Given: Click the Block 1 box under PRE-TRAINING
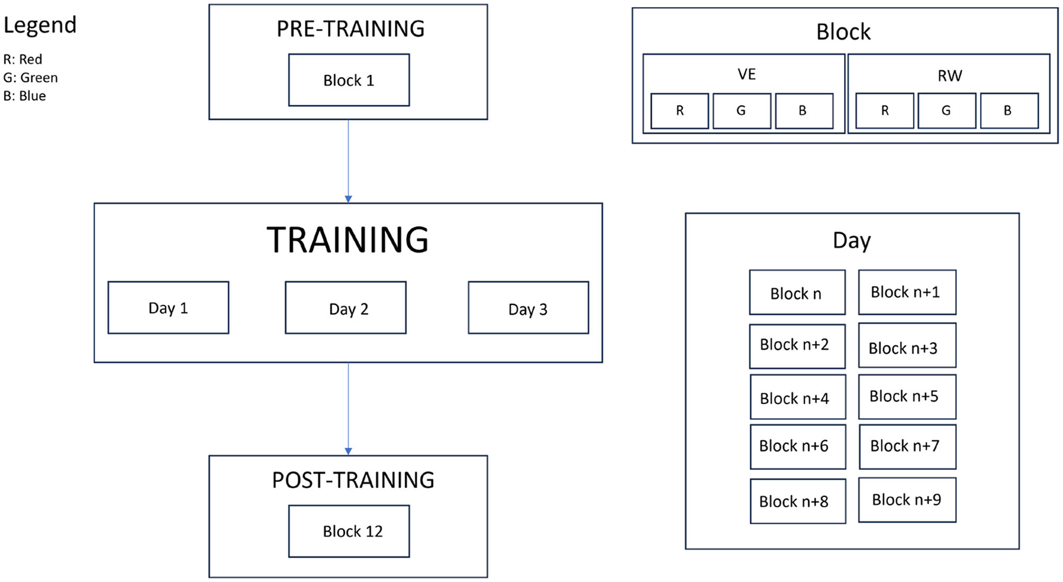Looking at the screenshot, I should click(349, 80).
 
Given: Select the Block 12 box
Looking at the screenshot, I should click(349, 531).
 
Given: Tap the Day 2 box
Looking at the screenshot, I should click(346, 307).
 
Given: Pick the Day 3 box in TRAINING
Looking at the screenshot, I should click(528, 307).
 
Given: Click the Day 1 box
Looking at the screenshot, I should click(168, 307).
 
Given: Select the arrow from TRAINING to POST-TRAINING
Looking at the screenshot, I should click(349, 408).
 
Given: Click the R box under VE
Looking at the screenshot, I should click(679, 111).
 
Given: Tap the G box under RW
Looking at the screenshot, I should click(946, 111).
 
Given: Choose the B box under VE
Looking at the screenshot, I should click(803, 111).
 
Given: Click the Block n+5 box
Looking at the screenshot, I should click(906, 396).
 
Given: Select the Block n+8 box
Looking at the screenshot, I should click(797, 501).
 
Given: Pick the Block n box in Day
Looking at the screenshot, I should click(797, 292).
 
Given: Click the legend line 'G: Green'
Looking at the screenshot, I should click(31, 78).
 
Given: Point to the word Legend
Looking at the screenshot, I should click(40, 25).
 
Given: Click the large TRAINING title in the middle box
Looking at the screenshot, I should click(348, 240).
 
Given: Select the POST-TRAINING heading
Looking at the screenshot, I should click(353, 480).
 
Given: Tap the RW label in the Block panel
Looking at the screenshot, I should click(949, 76).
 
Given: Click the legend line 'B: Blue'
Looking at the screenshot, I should click(25, 96).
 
